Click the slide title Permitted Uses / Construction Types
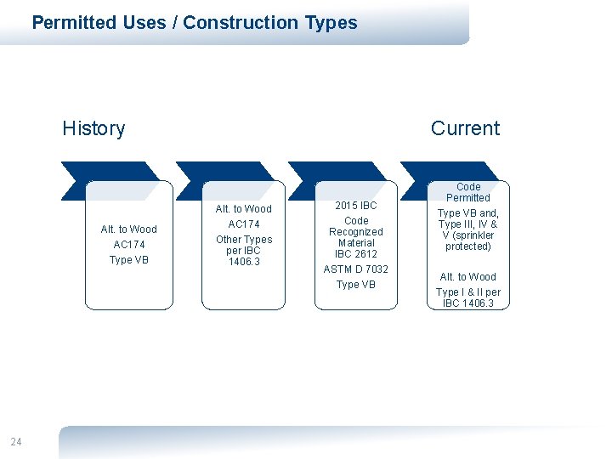pos(195,23)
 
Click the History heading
pos(93,128)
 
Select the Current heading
pos(465,128)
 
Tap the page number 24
pos(16,441)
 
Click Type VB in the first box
pos(129,260)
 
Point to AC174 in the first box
pos(129,245)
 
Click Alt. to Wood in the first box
pos(129,229)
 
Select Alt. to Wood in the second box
pos(244,209)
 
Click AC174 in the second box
pos(244,224)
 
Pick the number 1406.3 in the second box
pos(244,262)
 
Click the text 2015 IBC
pos(356,206)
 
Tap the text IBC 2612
pos(356,254)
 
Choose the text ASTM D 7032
pos(356,269)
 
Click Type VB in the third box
pos(356,285)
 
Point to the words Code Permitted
pos(468,192)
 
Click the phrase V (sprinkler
pos(468,235)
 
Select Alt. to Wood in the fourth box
pos(468,277)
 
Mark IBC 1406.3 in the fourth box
pos(468,303)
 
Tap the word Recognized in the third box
pos(356,232)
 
